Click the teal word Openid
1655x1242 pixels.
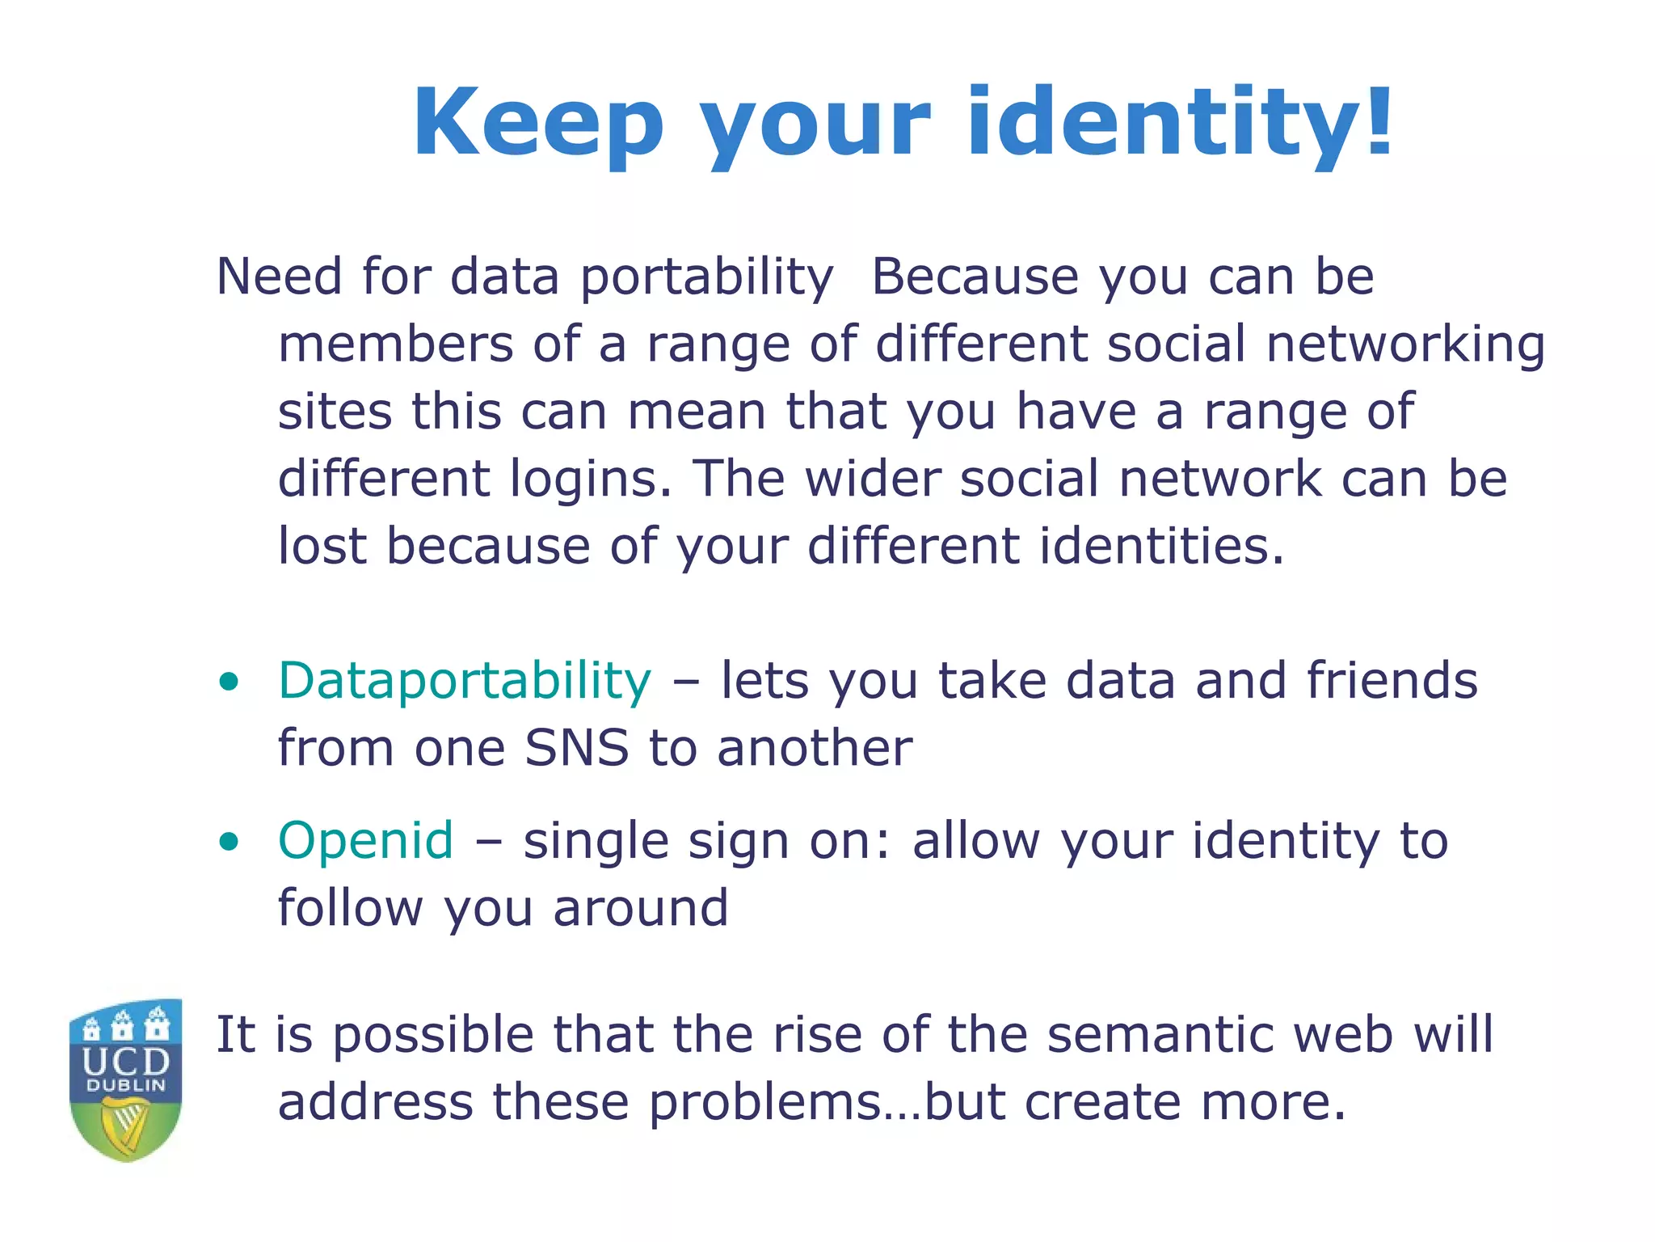tap(365, 840)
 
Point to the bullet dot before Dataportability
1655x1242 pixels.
tap(230, 682)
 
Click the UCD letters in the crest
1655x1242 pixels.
tap(126, 1061)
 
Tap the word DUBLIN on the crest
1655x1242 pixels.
tap(126, 1085)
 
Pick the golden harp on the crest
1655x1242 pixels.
tap(126, 1125)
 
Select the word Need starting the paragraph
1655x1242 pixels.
tap(280, 277)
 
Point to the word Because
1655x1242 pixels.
tap(975, 277)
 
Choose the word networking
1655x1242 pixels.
tap(1405, 344)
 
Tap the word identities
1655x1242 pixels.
tap(1161, 546)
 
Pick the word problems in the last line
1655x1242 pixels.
tap(764, 1103)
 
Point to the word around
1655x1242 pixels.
tap(640, 908)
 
